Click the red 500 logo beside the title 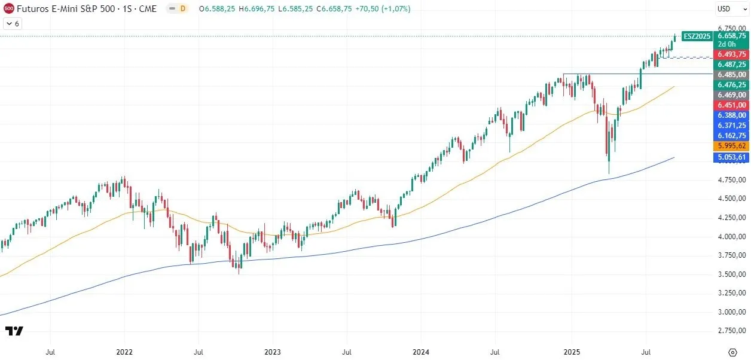[8, 9]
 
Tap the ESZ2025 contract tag [697, 36]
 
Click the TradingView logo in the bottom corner [14, 331]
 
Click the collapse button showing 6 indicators [12, 23]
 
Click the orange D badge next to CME [183, 9]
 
